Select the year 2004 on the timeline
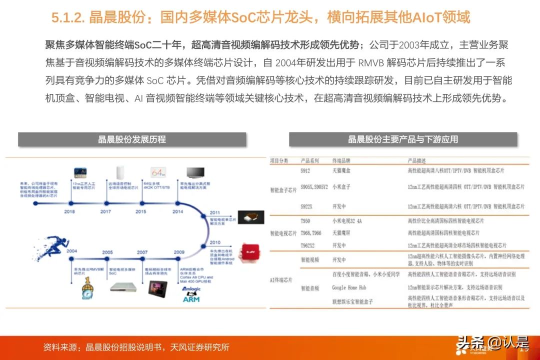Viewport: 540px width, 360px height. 71,251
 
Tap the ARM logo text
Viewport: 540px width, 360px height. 191,299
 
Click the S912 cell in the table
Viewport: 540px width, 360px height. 305,170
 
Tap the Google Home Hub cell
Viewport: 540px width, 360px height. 349,287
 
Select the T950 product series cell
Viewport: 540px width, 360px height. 305,220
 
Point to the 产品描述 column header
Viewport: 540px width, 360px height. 419,160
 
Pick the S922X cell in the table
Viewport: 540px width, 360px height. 307,206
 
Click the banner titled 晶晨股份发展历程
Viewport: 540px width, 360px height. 132,139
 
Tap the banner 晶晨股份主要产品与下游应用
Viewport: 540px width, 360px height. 403,139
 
